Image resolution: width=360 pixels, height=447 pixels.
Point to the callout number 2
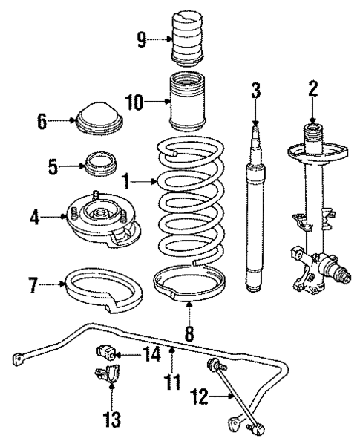tap(312, 91)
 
